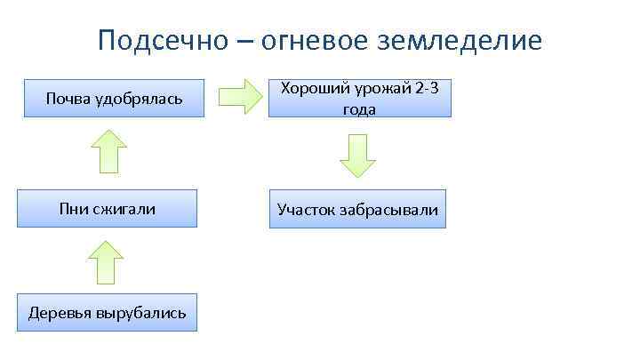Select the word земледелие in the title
pos(470,42)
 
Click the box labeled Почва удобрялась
pos(114,98)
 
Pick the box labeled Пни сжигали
pos(107,209)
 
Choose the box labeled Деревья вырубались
pos(108,313)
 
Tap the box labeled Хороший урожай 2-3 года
pos(359,98)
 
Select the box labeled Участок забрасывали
pos(357,210)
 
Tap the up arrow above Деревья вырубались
pos(104,262)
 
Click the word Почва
pos(68,98)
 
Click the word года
pos(359,109)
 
